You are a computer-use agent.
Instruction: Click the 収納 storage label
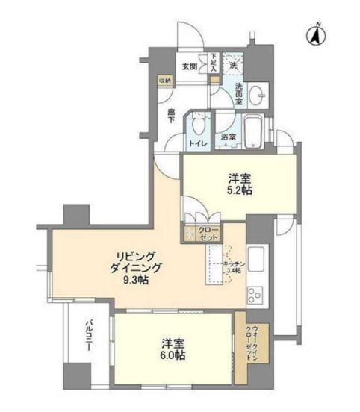click(164, 80)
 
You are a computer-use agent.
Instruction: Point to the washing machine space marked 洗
click(233, 64)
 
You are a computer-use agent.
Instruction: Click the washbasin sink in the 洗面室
click(256, 95)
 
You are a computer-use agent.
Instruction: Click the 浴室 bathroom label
click(229, 137)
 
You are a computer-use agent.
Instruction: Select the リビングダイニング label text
click(134, 260)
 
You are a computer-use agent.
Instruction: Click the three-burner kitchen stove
click(255, 293)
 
